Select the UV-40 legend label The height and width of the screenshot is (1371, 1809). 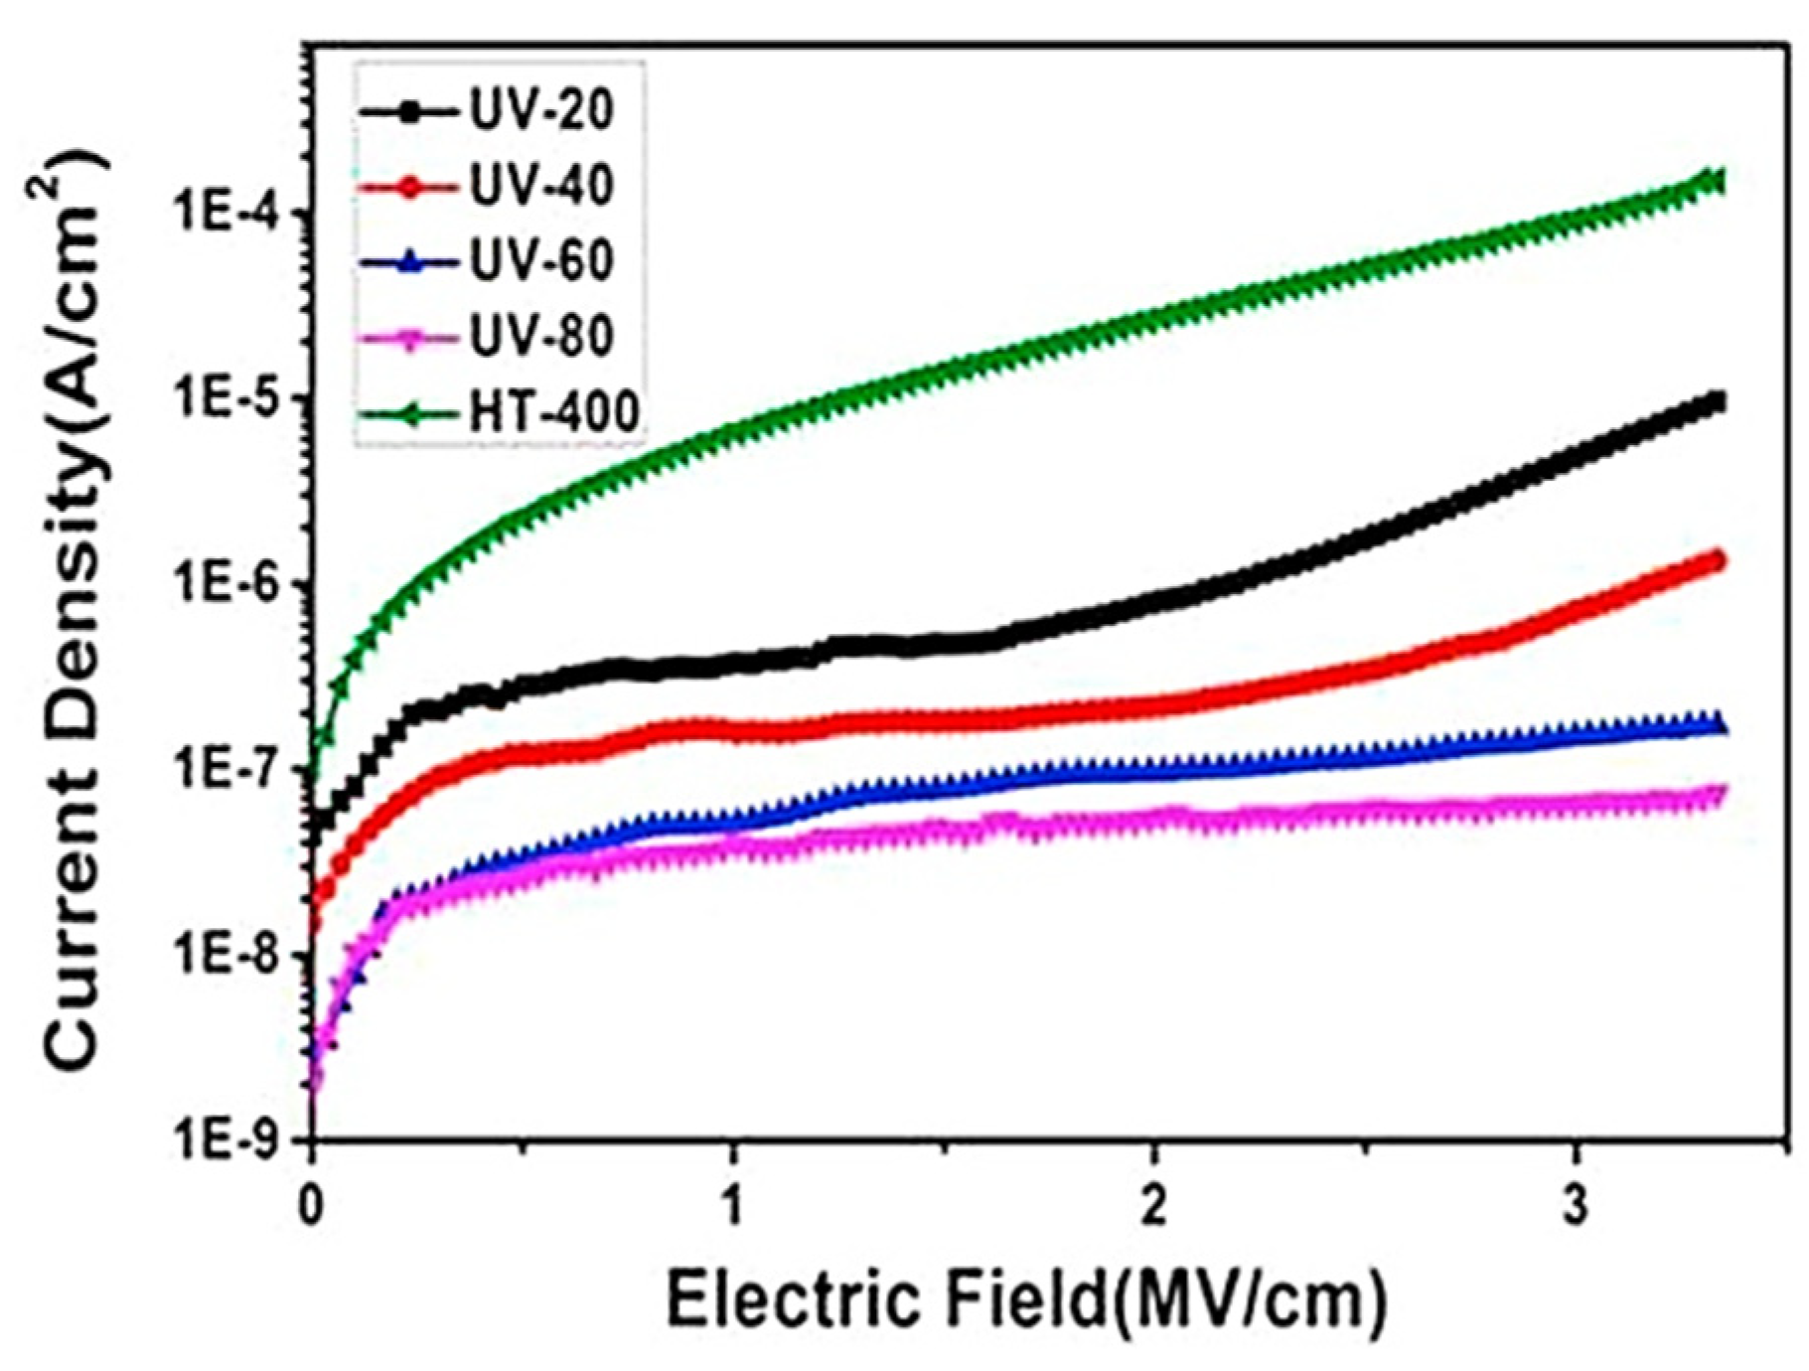coord(541,185)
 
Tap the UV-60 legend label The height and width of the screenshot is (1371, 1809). coord(541,260)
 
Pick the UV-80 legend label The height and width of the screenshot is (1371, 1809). coord(541,336)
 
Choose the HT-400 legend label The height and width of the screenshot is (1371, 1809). coord(553,411)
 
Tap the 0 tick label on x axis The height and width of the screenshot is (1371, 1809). coord(312,1190)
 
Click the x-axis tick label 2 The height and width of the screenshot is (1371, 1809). coord(1153,1190)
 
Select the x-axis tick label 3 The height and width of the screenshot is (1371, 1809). coord(1576,1190)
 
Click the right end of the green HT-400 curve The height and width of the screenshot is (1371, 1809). coord(1716,181)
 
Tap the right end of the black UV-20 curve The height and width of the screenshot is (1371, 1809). coord(1716,402)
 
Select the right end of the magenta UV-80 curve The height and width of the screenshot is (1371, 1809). coord(1716,795)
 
